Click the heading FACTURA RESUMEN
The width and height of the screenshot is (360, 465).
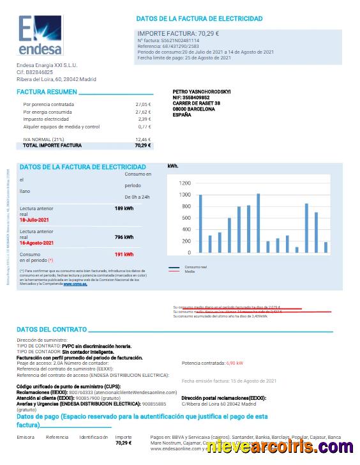(38, 92)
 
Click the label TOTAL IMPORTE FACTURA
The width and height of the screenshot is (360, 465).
(52, 145)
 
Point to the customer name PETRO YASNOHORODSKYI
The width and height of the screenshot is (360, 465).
(202, 91)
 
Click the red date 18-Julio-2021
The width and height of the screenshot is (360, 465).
(36, 219)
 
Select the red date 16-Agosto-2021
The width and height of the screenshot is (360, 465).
(37, 243)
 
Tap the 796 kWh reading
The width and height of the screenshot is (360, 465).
(124, 237)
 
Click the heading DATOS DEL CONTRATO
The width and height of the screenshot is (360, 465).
(52, 330)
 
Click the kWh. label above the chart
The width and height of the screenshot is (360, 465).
(173, 166)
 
